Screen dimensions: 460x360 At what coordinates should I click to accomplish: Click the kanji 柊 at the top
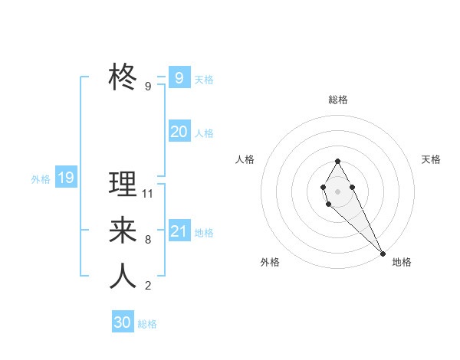point(123,77)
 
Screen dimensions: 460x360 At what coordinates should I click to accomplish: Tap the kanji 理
point(123,184)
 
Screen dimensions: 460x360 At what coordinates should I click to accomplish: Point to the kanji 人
point(123,276)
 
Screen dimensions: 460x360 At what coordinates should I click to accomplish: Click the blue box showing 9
point(179,77)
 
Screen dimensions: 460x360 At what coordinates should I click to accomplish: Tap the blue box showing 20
point(179,132)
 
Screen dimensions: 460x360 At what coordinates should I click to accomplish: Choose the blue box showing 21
point(179,231)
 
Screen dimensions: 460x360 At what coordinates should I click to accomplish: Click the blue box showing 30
point(123,322)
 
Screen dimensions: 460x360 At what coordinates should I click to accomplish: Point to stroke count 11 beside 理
point(148,194)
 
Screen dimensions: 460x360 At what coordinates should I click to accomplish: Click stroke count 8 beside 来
point(148,240)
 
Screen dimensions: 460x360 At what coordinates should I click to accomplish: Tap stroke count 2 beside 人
point(148,286)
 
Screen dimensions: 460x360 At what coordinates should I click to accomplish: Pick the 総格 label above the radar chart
point(337,100)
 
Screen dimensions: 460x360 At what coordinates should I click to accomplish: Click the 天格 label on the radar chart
point(431,159)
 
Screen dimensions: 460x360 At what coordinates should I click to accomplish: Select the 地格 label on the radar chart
point(402,262)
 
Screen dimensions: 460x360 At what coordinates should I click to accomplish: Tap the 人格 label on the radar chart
point(245,159)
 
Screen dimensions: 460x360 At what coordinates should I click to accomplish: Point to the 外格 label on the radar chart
point(270,262)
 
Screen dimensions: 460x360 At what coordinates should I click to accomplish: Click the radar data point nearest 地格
point(383,253)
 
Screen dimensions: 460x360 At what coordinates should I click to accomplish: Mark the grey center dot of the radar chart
point(337,190)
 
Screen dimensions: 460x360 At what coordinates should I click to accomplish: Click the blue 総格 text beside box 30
point(147,324)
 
